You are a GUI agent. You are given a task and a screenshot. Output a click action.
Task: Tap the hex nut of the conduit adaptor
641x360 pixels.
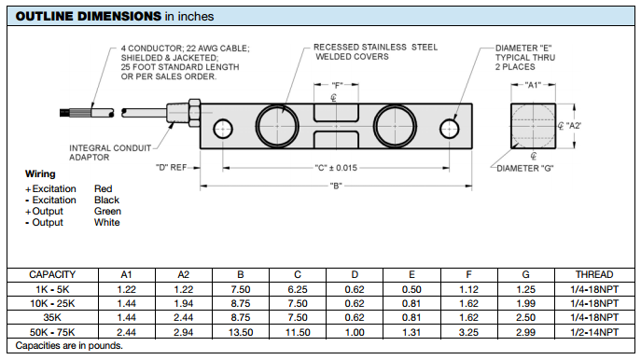coord(194,112)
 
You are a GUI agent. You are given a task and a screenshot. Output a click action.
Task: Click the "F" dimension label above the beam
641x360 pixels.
coord(337,86)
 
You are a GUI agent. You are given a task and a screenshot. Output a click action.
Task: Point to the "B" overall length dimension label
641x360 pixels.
coord(336,187)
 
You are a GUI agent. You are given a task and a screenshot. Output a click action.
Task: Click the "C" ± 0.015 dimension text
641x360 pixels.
coord(336,168)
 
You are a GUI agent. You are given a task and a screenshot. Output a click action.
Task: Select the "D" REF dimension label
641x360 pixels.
coord(171,168)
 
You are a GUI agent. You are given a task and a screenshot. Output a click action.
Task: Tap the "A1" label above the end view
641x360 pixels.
coord(533,85)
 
